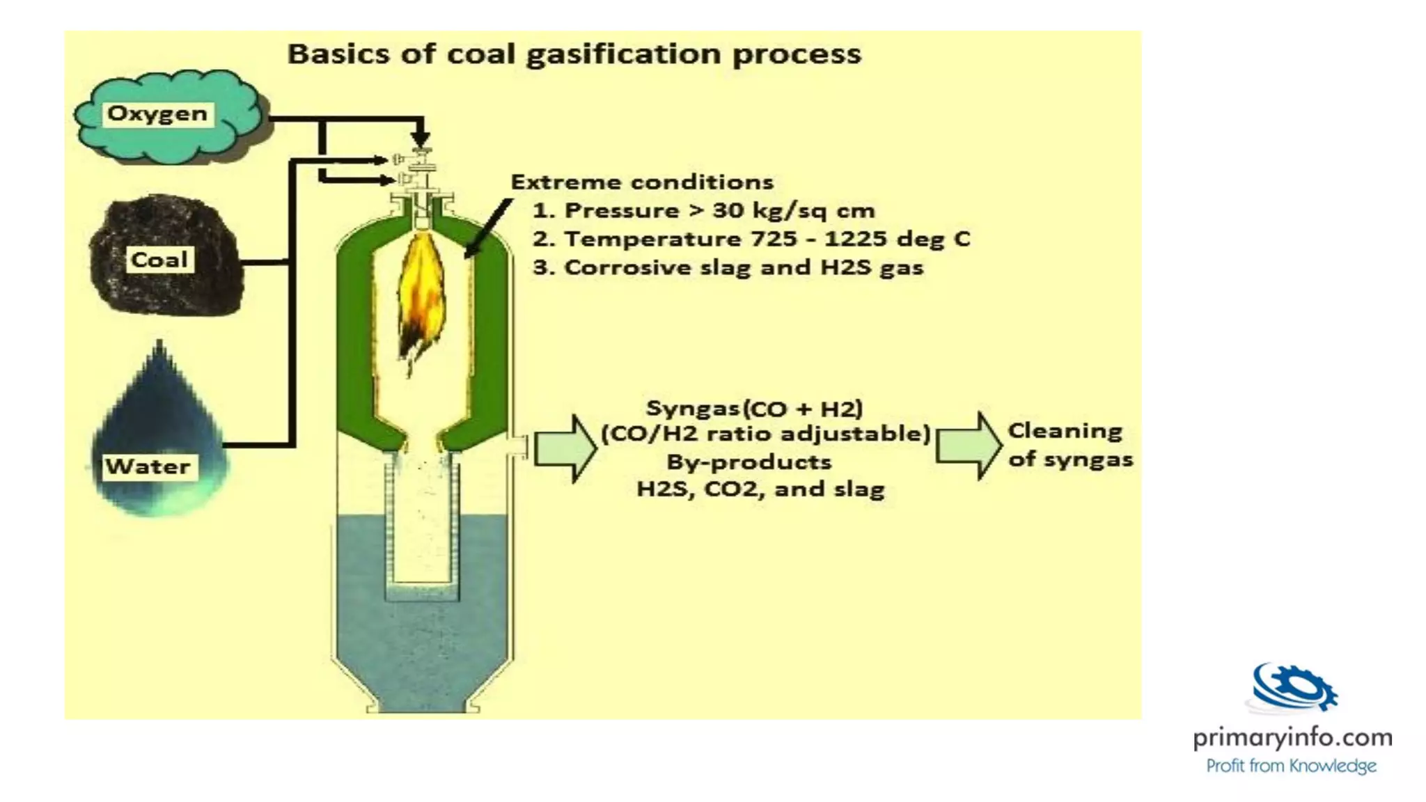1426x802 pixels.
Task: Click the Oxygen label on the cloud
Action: click(157, 113)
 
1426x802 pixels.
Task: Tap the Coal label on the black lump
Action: click(159, 260)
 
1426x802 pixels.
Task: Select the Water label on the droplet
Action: click(148, 466)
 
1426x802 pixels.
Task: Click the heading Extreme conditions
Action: click(642, 182)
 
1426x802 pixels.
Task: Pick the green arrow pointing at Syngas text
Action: click(565, 448)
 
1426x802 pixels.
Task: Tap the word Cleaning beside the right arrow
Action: click(1065, 431)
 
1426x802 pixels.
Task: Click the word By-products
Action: click(749, 462)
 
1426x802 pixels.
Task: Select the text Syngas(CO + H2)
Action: click(755, 408)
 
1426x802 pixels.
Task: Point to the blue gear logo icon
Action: click(1294, 688)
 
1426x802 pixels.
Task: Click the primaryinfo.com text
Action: click(1292, 737)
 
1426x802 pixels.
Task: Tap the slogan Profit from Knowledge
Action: click(1291, 766)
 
